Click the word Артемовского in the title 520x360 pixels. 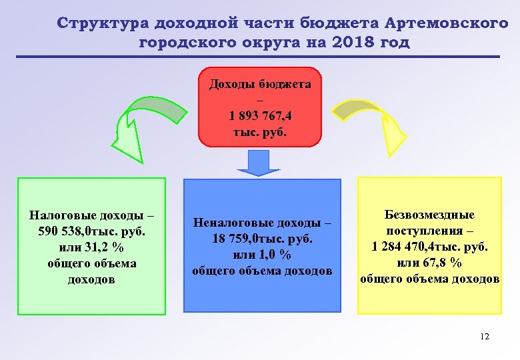coord(447,23)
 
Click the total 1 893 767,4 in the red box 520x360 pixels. coord(259,115)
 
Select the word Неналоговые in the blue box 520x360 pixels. coord(230,223)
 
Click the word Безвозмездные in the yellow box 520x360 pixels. coord(429,215)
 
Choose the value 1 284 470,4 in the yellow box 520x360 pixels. coord(406,247)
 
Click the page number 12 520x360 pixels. coord(484,337)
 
